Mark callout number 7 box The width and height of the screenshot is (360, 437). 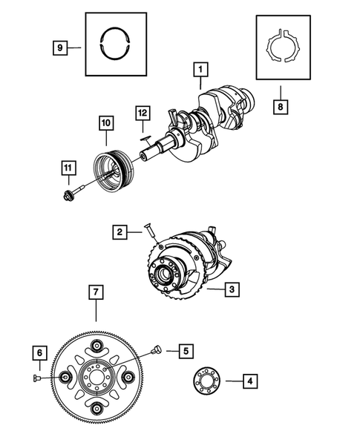pos(95,292)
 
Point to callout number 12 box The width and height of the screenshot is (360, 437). pos(143,114)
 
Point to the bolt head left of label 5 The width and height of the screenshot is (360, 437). pos(157,349)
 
